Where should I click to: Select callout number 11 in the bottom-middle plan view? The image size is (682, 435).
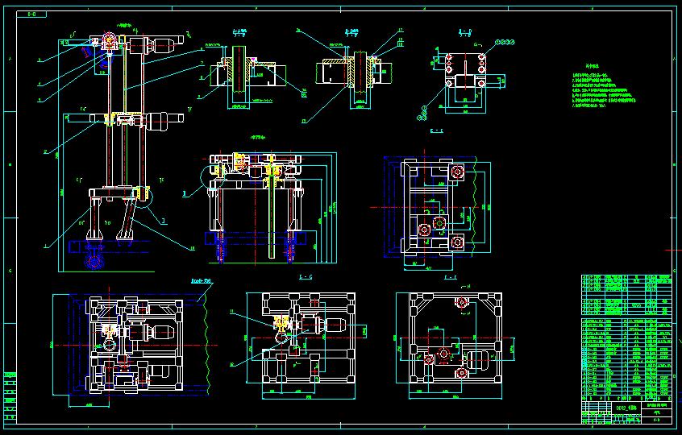tap(232, 310)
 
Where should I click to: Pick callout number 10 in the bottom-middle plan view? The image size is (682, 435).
tap(232, 363)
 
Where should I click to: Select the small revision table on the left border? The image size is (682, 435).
tap(9, 395)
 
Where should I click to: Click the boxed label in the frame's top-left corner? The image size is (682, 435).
tap(31, 14)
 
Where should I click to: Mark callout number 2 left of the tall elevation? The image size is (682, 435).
tap(45, 151)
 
